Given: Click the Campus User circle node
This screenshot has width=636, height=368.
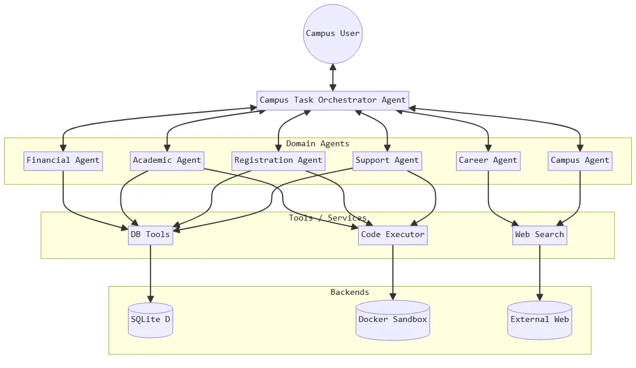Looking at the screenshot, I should tap(333, 34).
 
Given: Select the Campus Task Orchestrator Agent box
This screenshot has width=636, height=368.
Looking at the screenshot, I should tap(333, 100).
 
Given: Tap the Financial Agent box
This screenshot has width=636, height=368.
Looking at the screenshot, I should tap(63, 160).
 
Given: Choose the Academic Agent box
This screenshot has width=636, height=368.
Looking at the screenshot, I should tap(167, 160).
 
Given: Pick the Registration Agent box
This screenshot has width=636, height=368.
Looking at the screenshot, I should tap(278, 160).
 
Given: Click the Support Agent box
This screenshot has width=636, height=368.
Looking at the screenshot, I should tap(387, 160).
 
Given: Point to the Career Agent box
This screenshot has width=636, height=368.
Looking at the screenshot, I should tap(488, 160).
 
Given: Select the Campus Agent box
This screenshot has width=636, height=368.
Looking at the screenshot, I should tap(579, 160).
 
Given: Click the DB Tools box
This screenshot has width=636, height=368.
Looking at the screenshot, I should tap(150, 235).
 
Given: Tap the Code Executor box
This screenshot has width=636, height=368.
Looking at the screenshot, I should tap(392, 235).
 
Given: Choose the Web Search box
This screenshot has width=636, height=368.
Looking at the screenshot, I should tap(539, 235).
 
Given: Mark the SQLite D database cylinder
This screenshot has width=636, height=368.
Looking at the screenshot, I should tap(150, 320).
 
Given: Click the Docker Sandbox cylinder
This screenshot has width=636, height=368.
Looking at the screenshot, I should tap(392, 320).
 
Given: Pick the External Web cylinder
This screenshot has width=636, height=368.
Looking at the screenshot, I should tap(539, 320).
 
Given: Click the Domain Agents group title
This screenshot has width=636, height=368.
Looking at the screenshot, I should tap(317, 143).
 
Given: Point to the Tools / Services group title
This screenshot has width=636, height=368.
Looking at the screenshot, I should tap(327, 218).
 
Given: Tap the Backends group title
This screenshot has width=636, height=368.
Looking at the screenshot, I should tap(349, 292).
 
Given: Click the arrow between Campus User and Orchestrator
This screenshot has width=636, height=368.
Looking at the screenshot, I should tap(333, 77).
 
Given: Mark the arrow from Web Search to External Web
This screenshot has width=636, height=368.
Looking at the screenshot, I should tap(539, 272).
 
